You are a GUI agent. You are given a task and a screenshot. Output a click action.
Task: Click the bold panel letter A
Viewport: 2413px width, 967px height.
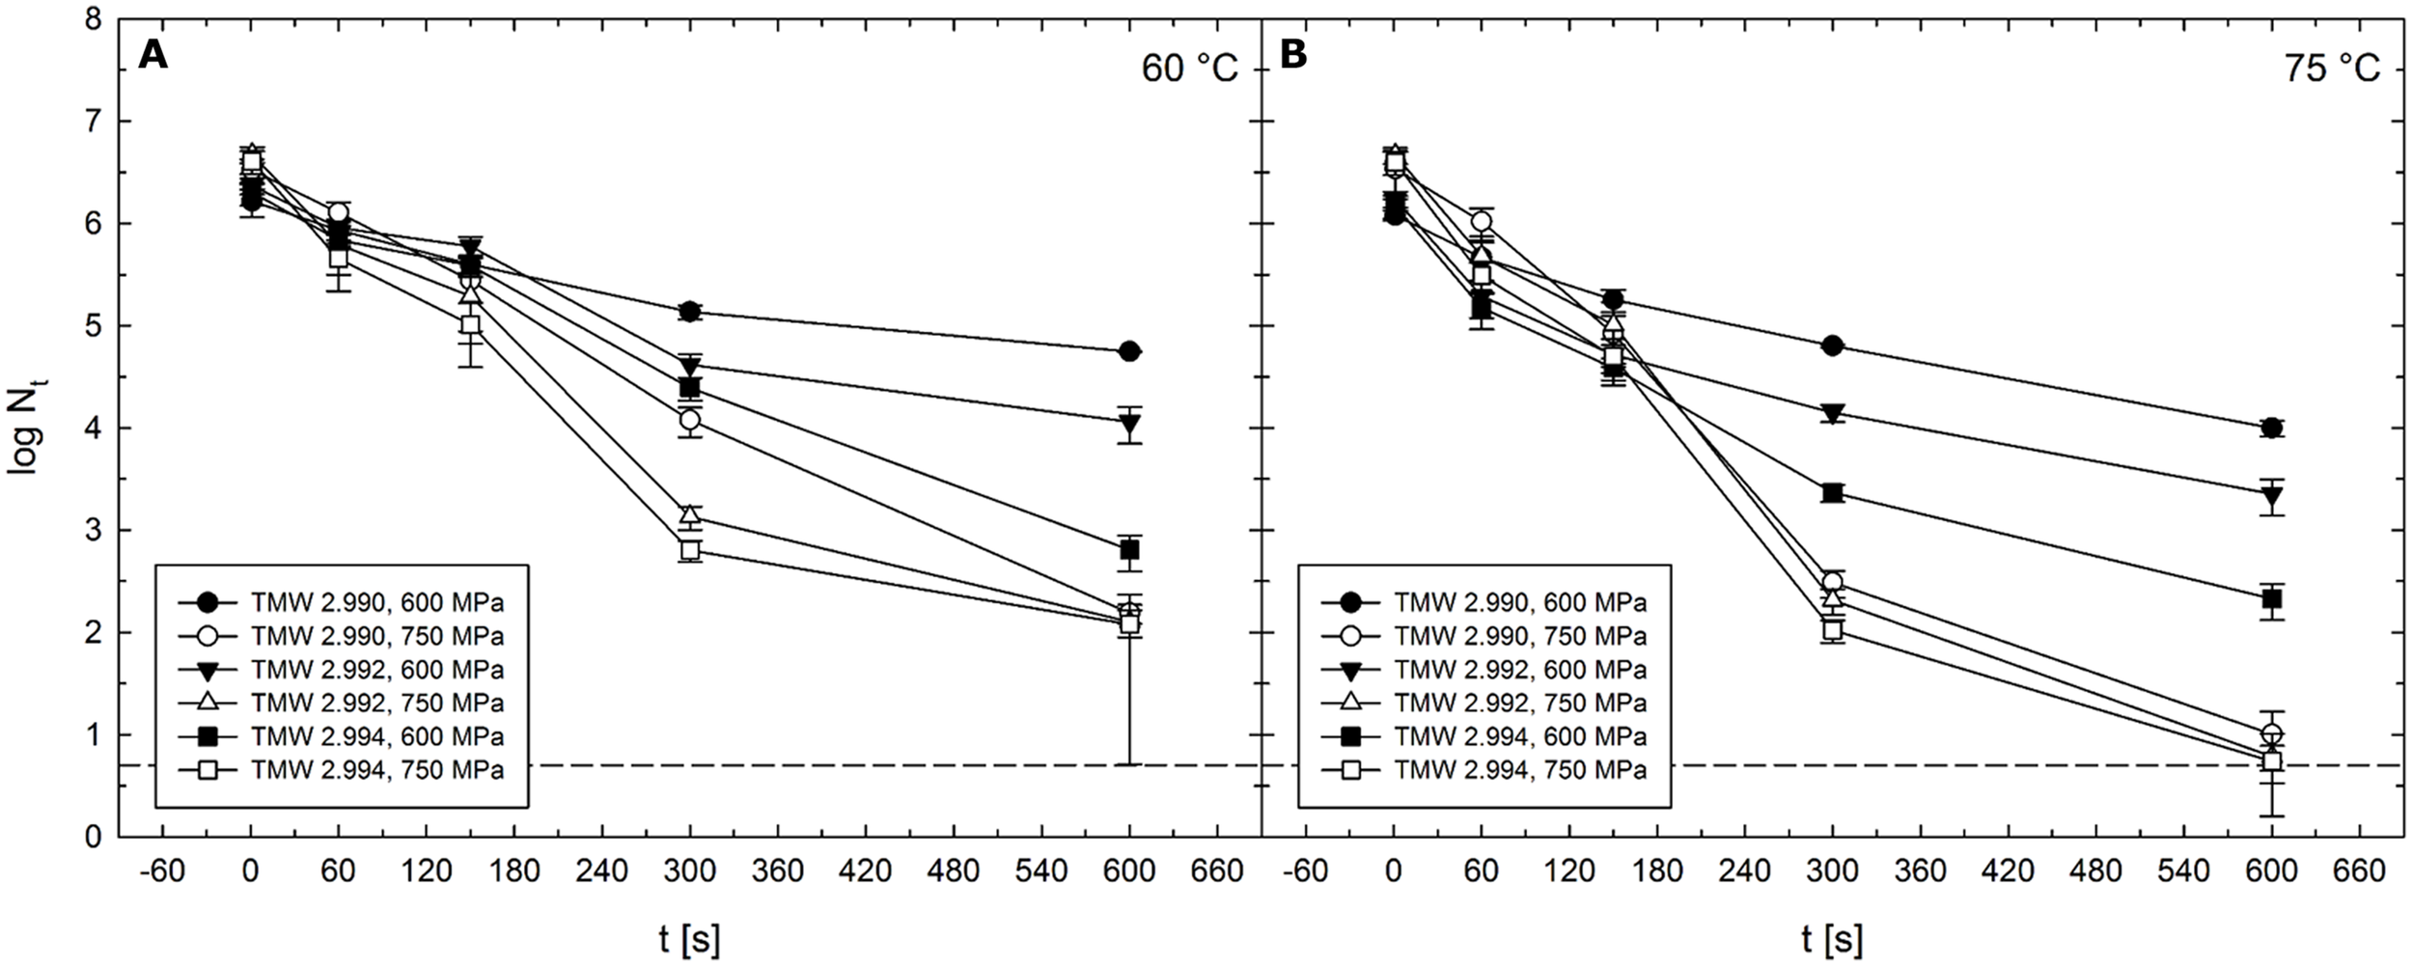tap(153, 56)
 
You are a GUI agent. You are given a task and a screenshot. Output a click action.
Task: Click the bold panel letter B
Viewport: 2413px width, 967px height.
tap(1292, 56)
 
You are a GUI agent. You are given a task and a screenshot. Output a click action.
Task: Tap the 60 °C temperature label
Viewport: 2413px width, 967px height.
tap(1189, 69)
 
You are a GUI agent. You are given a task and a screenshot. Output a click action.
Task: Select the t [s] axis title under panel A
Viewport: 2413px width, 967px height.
tap(689, 939)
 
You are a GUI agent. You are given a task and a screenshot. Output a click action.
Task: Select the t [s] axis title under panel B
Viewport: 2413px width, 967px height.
tap(1832, 939)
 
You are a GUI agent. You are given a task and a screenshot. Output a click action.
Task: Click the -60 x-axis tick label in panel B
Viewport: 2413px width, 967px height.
tap(1304, 871)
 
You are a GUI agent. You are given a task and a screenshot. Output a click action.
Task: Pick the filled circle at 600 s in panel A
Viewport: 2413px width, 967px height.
tap(1129, 351)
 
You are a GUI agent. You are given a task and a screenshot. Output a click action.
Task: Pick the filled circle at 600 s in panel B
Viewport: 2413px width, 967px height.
tap(2271, 428)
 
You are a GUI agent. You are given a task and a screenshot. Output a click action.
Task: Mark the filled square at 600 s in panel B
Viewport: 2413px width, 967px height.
tap(2271, 599)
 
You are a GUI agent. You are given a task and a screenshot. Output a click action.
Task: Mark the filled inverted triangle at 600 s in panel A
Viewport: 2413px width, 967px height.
tap(1129, 423)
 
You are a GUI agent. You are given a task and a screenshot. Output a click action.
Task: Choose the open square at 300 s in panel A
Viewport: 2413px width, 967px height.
tap(689, 550)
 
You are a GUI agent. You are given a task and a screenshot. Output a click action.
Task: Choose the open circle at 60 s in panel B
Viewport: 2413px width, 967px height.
tap(1481, 222)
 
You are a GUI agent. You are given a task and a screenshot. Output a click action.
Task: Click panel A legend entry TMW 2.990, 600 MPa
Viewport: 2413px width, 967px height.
tap(376, 603)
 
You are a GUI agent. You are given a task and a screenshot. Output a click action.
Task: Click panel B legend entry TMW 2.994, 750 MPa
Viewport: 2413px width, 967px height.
tap(1519, 770)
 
